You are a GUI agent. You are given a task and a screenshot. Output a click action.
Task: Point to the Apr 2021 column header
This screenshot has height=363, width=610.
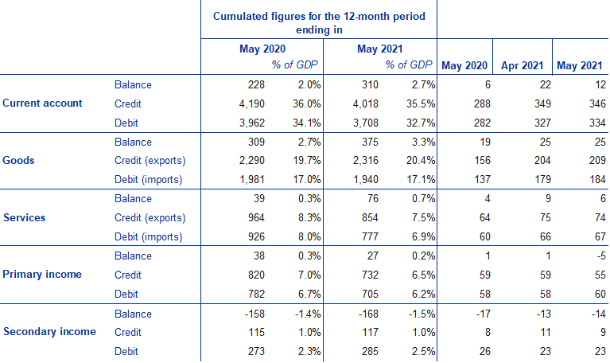click(x=520, y=65)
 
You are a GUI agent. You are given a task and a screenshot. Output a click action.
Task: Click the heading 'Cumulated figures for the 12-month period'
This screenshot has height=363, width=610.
click(x=318, y=18)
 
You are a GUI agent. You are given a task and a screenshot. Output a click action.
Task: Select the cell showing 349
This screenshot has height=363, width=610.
click(x=535, y=103)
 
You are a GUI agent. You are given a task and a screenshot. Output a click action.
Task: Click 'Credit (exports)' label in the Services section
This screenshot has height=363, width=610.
click(x=150, y=217)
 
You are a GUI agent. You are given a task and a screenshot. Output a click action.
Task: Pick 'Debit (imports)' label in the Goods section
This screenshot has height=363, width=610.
click(x=149, y=180)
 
